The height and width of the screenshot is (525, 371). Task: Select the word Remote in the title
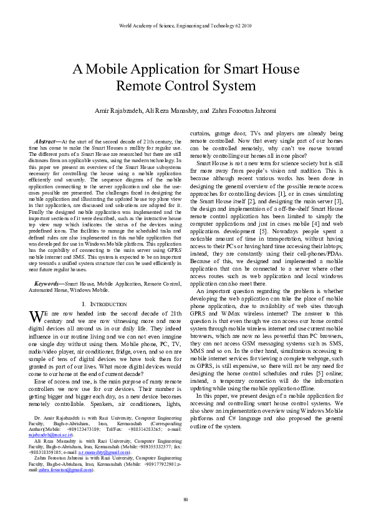[138, 85]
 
